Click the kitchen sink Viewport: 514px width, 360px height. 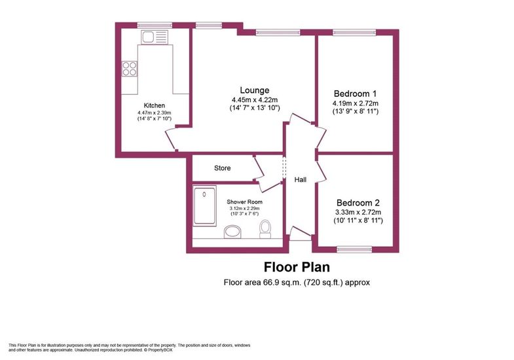(x=155, y=37)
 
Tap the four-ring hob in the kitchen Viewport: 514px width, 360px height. (x=129, y=69)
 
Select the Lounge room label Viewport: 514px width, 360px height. (x=255, y=90)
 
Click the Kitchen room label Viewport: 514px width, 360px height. (x=155, y=105)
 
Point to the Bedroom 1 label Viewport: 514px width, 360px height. (x=356, y=94)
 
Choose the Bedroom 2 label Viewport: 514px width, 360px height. (x=358, y=203)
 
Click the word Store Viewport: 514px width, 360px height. (x=222, y=168)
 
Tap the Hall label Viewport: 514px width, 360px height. (x=301, y=179)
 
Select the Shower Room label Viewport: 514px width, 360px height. (x=244, y=202)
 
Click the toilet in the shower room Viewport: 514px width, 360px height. (x=265, y=228)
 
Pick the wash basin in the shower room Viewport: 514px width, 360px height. (x=232, y=232)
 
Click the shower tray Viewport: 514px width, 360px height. (x=204, y=206)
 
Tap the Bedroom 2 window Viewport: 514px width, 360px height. (x=354, y=249)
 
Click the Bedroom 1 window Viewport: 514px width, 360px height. (x=354, y=32)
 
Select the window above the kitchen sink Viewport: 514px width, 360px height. (x=155, y=26)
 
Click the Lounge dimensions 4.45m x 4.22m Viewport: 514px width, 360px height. (x=255, y=99)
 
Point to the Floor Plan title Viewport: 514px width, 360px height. (x=297, y=267)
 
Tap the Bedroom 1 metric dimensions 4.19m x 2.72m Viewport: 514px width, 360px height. (x=356, y=103)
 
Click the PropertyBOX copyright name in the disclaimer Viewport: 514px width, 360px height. (x=160, y=350)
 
